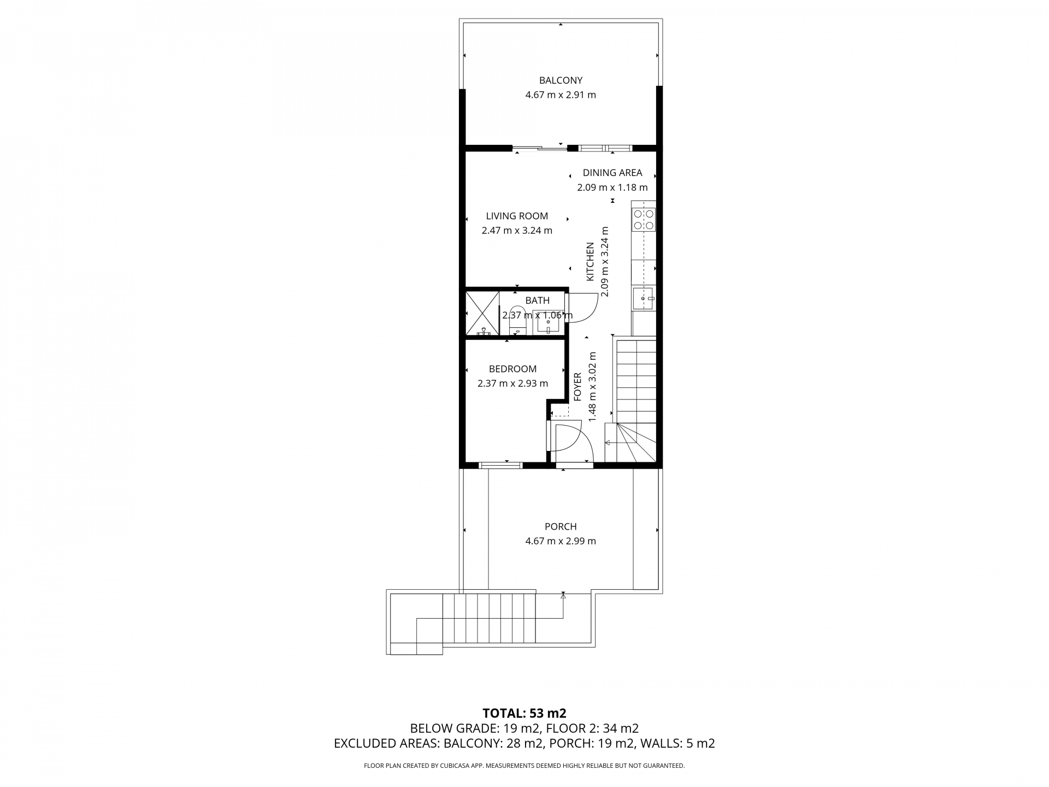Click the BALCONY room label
coord(561,80)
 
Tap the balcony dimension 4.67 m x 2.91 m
coord(561,95)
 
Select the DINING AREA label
coord(612,173)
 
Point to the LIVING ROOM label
coord(517,216)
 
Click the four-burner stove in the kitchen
coord(644,219)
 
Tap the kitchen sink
coord(644,298)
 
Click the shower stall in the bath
coord(482,313)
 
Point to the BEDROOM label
coord(512,369)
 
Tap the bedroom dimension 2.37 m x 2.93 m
coord(512,383)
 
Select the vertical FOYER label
coord(577,387)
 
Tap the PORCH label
coord(561,527)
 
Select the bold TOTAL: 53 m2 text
coord(524,713)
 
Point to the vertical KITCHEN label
coord(590,262)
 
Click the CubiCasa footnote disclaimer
coord(524,766)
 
